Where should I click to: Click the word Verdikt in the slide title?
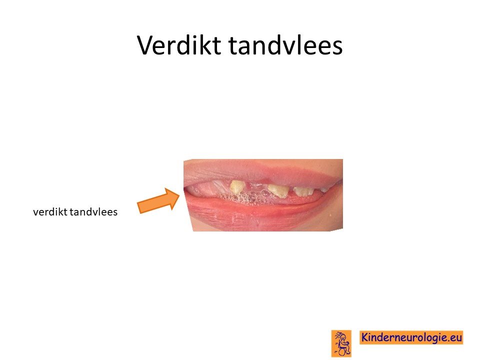(179, 45)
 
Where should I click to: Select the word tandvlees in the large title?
(285, 45)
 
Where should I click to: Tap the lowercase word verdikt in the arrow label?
(50, 211)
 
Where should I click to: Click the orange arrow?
(158, 201)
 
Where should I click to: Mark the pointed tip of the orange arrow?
(179, 194)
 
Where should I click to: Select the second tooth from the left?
(278, 190)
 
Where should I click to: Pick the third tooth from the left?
(303, 191)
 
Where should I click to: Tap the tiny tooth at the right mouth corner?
(324, 190)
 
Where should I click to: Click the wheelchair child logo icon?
(341, 343)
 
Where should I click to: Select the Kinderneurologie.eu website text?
(411, 337)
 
